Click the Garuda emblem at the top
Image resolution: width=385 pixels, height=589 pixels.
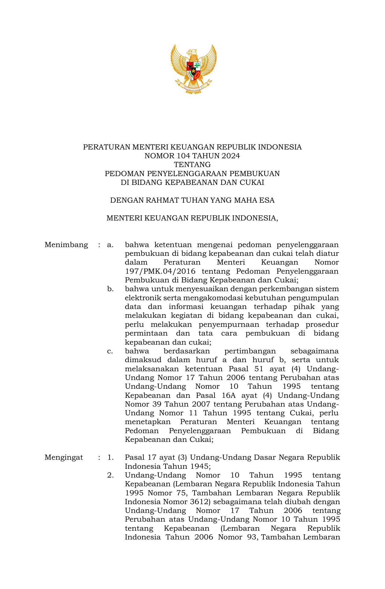193,69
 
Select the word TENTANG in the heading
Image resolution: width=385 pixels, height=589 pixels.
192,165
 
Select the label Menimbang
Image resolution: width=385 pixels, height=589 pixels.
66,245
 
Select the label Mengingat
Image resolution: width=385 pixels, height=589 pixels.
64,457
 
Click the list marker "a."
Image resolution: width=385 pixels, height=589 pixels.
110,245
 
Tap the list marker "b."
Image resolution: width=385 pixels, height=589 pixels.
110,289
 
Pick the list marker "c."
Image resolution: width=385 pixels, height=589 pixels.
110,351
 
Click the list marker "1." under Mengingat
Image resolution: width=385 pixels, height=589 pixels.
111,457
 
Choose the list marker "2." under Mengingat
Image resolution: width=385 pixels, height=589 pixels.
111,475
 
